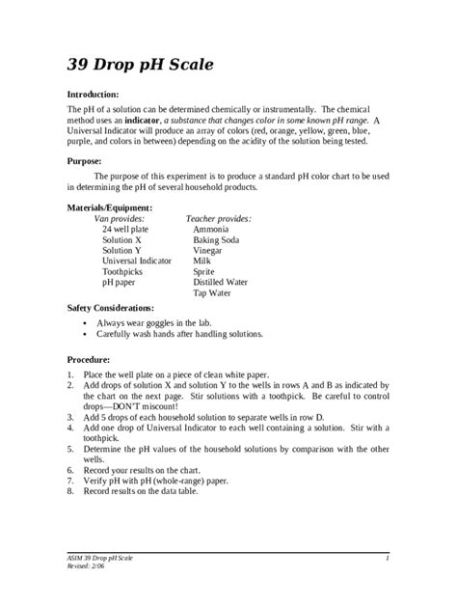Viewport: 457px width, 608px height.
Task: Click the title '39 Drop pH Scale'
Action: tap(140, 65)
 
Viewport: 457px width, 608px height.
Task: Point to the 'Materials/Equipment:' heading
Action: tap(109, 207)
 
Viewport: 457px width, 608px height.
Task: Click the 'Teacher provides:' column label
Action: tap(219, 219)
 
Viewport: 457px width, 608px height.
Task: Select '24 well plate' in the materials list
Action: tap(125, 232)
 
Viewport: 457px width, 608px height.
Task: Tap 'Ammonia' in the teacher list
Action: tap(210, 232)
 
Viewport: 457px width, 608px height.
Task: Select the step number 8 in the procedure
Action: tap(70, 491)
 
